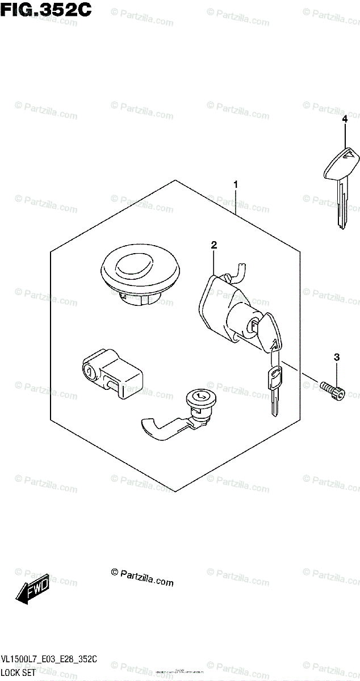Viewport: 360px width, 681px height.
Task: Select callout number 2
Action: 214,245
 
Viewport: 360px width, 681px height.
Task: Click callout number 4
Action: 344,119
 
